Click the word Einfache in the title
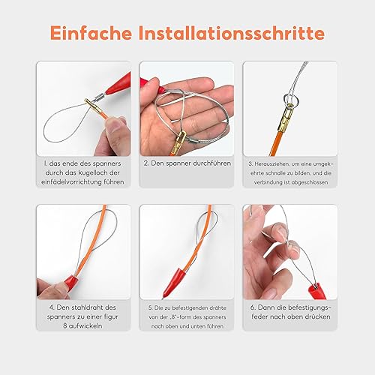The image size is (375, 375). point(91,33)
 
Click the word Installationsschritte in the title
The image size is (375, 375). point(232,33)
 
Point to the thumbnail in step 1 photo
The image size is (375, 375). point(114,124)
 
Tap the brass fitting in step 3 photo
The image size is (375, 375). point(287,117)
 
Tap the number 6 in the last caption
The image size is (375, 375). point(252,307)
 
